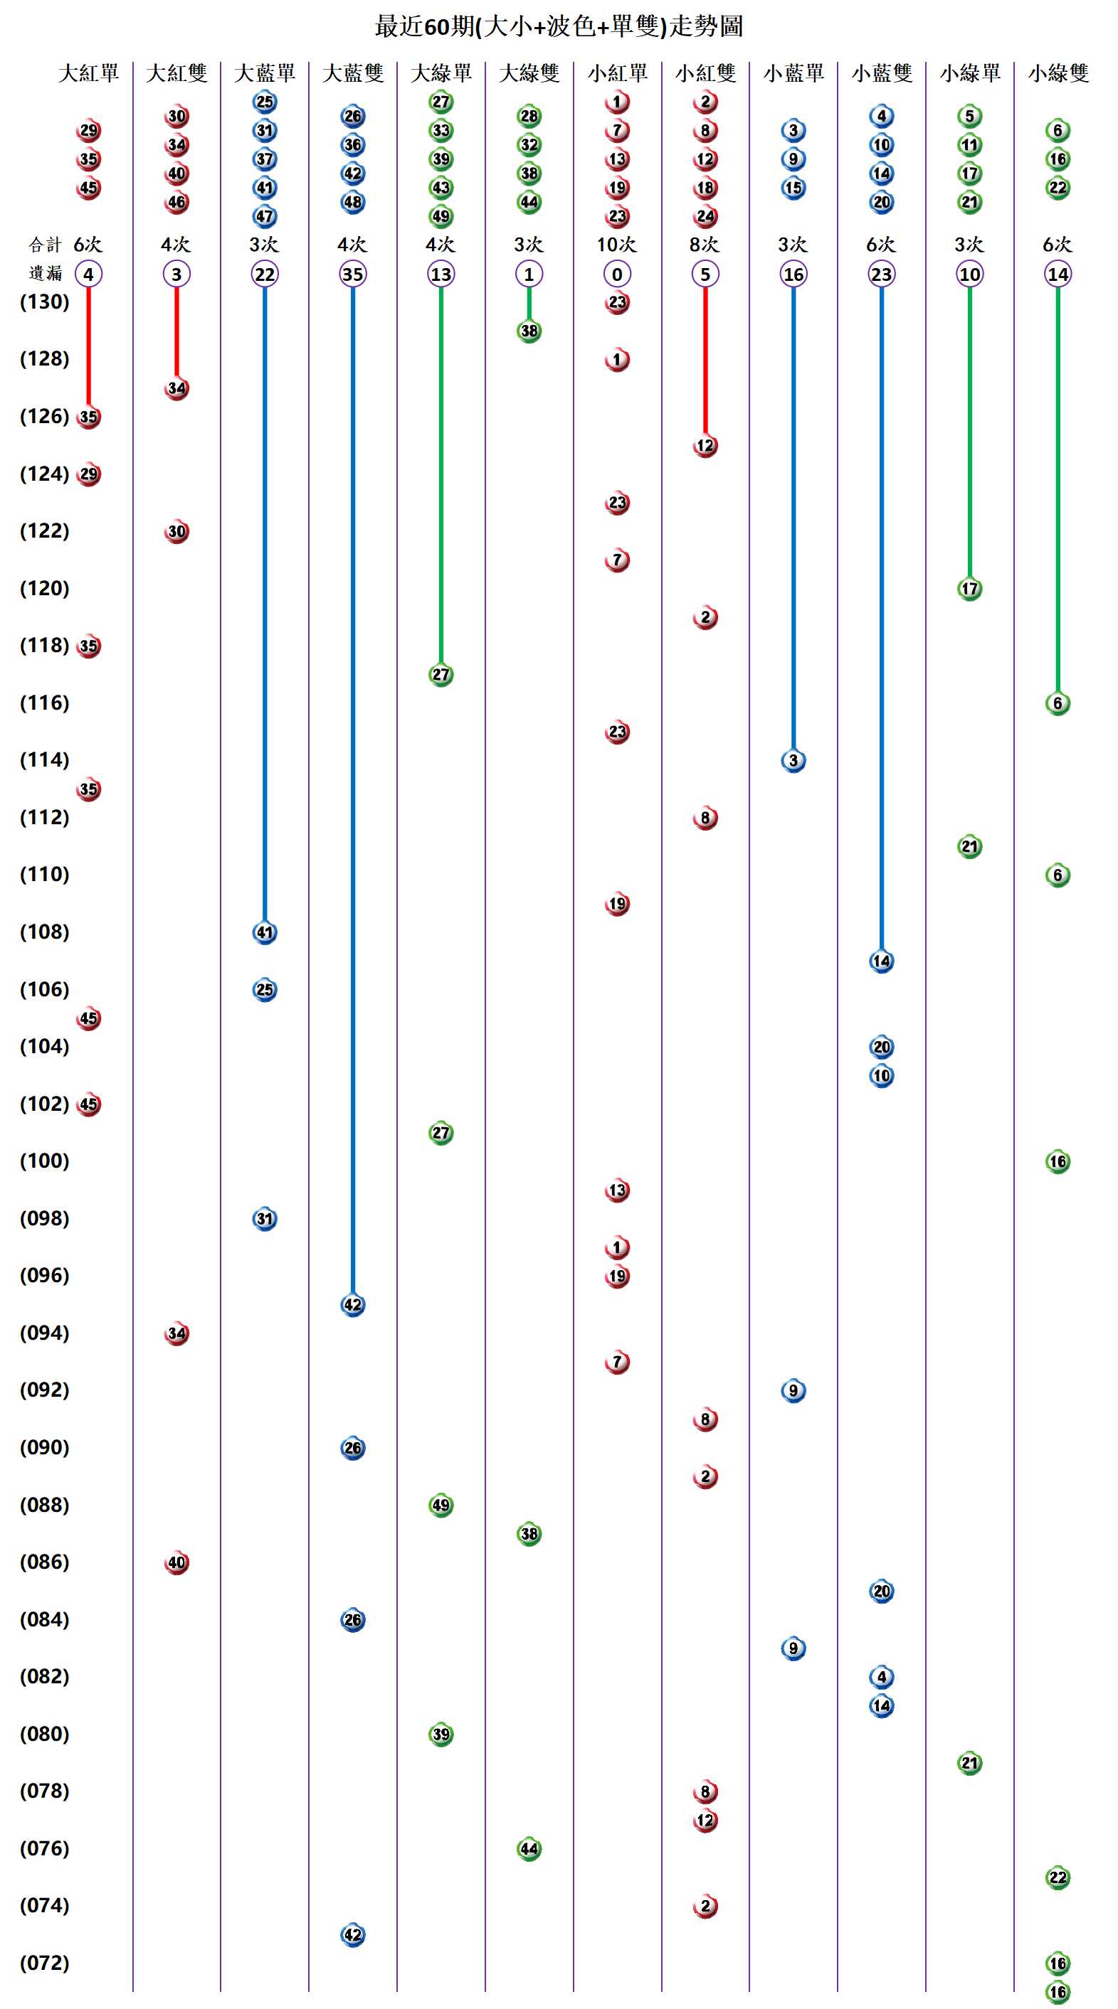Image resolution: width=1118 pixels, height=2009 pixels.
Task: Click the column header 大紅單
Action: pyautogui.click(x=88, y=73)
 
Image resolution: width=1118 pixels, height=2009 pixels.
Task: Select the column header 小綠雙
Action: pyautogui.click(x=1058, y=73)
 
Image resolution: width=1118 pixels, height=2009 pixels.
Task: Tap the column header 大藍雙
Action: pyautogui.click(x=353, y=73)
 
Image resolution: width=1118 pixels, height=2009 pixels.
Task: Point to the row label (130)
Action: pyautogui.click(x=44, y=302)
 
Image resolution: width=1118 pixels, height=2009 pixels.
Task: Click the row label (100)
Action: pyautogui.click(x=44, y=1161)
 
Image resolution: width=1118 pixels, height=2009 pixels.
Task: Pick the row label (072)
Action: pyautogui.click(x=44, y=1963)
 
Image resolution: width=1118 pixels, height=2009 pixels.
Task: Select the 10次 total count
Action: pyautogui.click(x=616, y=245)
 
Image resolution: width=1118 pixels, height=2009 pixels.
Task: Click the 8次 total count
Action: pyautogui.click(x=705, y=245)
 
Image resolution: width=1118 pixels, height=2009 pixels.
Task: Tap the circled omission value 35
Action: pyautogui.click(x=353, y=275)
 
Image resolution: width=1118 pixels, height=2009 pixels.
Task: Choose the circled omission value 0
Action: pyautogui.click(x=617, y=275)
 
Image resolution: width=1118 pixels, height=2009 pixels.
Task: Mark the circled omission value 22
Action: pyautogui.click(x=265, y=275)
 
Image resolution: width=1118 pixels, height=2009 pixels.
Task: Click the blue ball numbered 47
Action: pyautogui.click(x=265, y=217)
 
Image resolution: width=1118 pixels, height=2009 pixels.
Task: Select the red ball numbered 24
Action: pyautogui.click(x=705, y=217)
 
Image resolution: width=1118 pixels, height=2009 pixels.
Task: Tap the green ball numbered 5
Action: pyautogui.click(x=970, y=116)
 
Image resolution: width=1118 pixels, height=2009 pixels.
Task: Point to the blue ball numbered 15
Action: pyautogui.click(x=793, y=188)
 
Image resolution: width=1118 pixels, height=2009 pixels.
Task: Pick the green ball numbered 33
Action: pyautogui.click(x=441, y=130)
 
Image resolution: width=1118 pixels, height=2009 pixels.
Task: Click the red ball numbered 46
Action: pyautogui.click(x=176, y=202)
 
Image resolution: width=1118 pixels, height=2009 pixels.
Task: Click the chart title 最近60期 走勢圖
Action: pyautogui.click(x=559, y=26)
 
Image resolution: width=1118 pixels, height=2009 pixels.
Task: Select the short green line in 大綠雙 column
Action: pyautogui.click(x=529, y=304)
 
